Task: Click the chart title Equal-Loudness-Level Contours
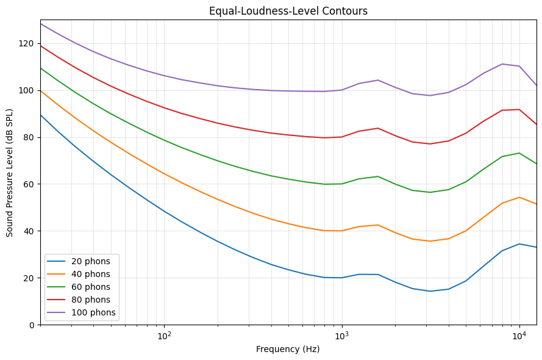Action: click(288, 11)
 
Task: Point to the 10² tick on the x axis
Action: click(164, 334)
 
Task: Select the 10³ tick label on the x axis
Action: click(341, 334)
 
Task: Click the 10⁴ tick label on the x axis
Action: click(519, 334)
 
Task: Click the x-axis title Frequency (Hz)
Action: click(288, 349)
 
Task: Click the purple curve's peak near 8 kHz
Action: click(502, 64)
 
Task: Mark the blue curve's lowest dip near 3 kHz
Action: click(430, 291)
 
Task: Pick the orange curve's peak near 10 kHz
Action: click(519, 197)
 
